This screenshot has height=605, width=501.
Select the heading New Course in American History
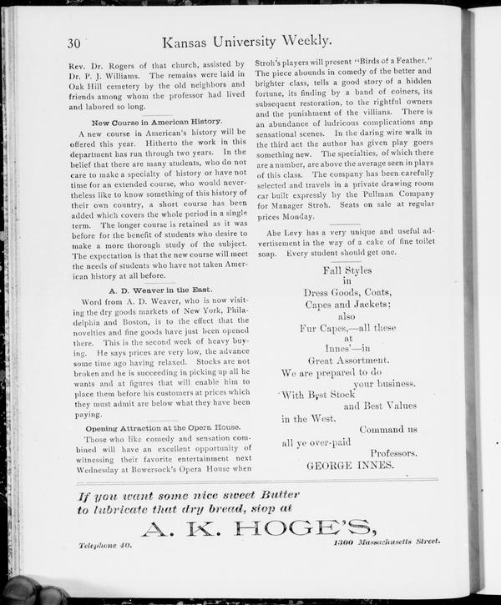(157, 122)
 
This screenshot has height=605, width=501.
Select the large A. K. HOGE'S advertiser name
(256, 528)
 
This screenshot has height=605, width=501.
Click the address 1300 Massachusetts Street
(385, 542)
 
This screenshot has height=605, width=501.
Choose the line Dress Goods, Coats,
(347, 293)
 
